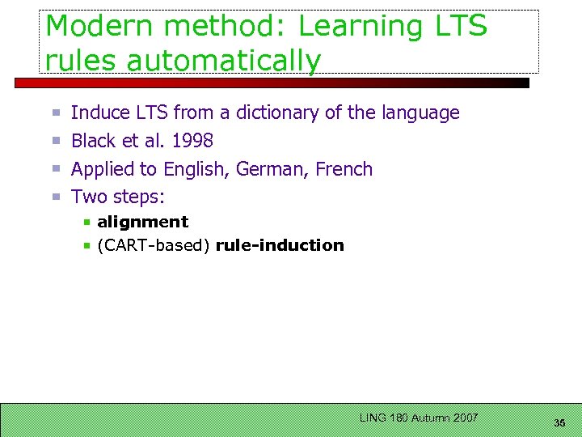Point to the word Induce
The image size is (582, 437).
click(100, 112)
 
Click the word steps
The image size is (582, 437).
click(137, 197)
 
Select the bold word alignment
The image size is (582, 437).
click(142, 222)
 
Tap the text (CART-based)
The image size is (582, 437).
click(154, 245)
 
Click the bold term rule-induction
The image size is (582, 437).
click(280, 245)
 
